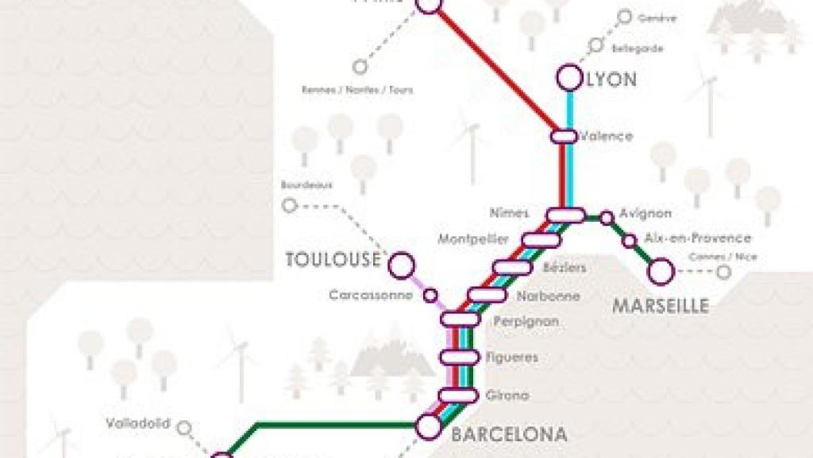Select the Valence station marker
pyautogui.click(x=563, y=136)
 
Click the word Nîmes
pyautogui.click(x=510, y=213)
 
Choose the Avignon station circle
pyautogui.click(x=607, y=217)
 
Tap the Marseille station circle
pyautogui.click(x=661, y=273)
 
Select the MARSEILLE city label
pyautogui.click(x=660, y=306)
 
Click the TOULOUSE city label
pyautogui.click(x=333, y=259)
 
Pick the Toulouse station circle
pyautogui.click(x=402, y=265)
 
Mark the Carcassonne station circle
pyautogui.click(x=430, y=296)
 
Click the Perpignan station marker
pyautogui.click(x=460, y=319)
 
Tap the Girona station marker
pyautogui.click(x=460, y=395)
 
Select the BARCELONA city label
pyautogui.click(x=509, y=434)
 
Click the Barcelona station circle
pyautogui.click(x=429, y=427)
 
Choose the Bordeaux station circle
pyautogui.click(x=289, y=206)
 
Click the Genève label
pyautogui.click(x=657, y=17)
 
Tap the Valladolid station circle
pyautogui.click(x=184, y=429)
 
